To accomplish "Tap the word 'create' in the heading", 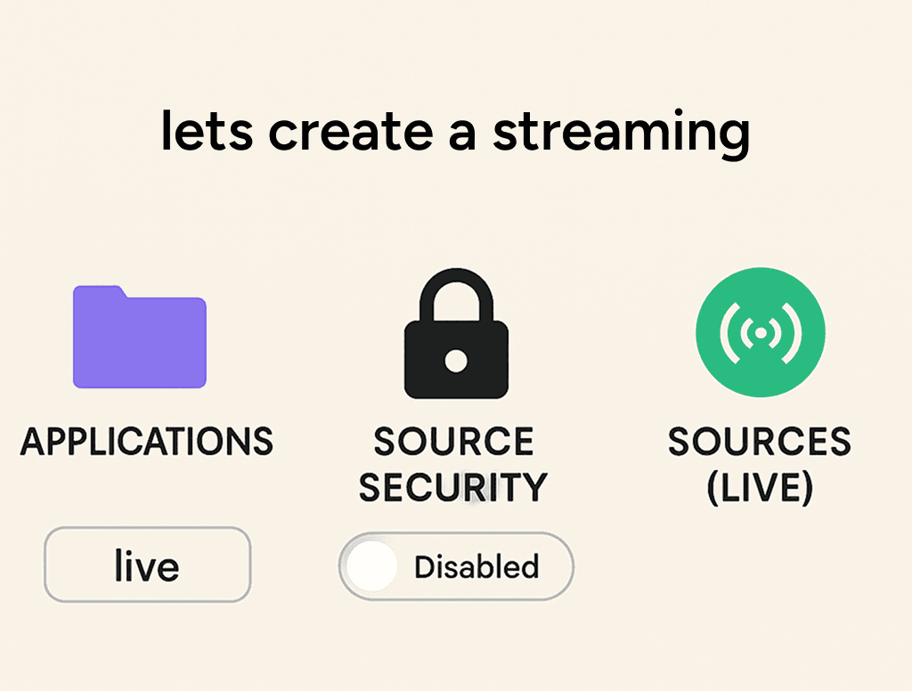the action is click(x=351, y=132).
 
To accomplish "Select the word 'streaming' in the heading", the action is click(x=621, y=134).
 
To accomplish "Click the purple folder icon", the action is click(x=140, y=337).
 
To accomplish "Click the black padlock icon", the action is click(x=456, y=333).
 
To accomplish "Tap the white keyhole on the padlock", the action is click(x=456, y=361).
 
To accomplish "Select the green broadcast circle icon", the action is click(x=761, y=332).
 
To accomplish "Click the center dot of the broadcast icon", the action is click(x=761, y=333).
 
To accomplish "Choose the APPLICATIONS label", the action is click(x=147, y=442).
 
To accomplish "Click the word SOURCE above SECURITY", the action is click(x=453, y=442).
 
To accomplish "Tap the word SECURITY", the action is click(x=453, y=487).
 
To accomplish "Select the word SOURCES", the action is click(x=760, y=442).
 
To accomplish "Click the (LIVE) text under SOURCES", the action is click(x=760, y=488).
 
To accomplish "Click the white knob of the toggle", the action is click(x=371, y=565).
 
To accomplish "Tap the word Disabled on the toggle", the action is click(x=477, y=566).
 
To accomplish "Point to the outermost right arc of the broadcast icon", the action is click(x=792, y=333).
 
